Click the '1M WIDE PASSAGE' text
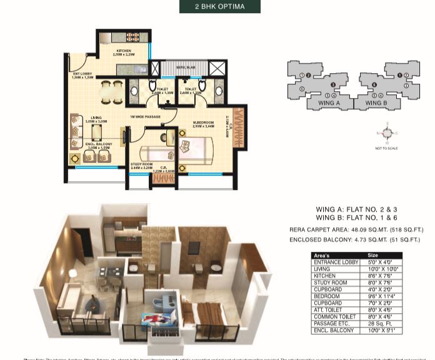145,117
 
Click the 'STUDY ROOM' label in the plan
141,164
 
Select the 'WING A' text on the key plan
329,102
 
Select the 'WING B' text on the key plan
376,102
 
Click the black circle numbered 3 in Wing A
333,84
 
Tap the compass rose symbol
387,133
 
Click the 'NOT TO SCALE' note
387,148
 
